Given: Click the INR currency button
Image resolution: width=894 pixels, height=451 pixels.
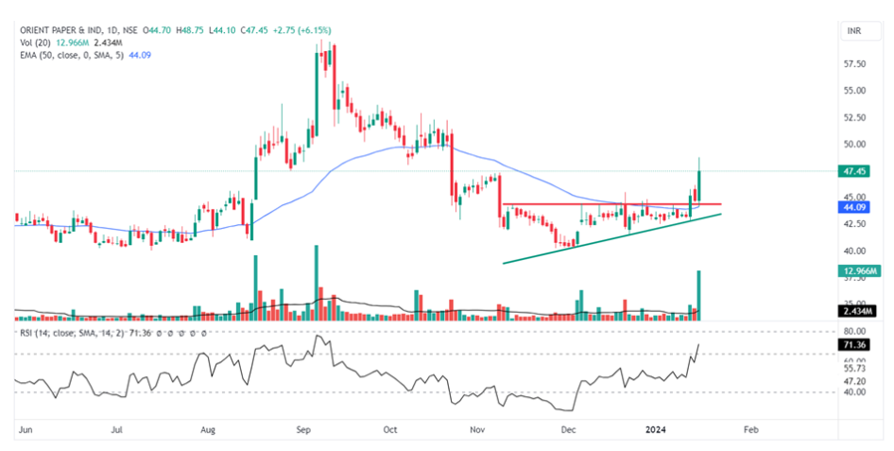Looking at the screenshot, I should pos(854,32).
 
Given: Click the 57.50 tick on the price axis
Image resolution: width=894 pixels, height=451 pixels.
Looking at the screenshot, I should pos(855,64).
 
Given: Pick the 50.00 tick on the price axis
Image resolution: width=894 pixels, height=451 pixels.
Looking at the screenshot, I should pos(855,145).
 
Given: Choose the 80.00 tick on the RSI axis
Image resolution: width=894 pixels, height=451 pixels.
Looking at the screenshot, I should pos(855,332).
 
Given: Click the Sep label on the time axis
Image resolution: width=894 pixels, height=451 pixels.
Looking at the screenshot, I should pos(304,429).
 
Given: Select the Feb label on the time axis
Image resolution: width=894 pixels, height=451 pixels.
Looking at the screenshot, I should pos(750,429).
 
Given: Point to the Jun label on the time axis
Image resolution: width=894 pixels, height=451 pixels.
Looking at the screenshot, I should pos(26,429).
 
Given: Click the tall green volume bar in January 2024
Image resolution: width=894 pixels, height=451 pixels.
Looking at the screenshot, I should pos(698,294).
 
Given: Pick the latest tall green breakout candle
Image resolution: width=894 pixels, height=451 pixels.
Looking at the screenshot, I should pos(699,184).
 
